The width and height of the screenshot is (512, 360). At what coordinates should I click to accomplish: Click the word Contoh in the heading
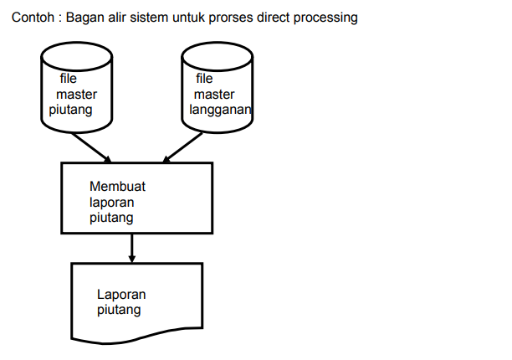pos(30,18)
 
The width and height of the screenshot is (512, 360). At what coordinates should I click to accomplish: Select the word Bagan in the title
pos(85,18)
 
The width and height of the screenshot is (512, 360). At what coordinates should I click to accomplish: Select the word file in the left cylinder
pos(68,79)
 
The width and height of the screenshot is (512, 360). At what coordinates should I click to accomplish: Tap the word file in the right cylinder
pos(204,79)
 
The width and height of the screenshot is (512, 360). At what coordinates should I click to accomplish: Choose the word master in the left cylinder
pos(76,95)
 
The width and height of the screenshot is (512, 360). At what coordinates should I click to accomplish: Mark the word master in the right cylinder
pos(214,95)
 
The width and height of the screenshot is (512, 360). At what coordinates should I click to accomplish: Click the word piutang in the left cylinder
pos(70,111)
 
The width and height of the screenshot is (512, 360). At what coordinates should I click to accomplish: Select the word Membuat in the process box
pos(117,187)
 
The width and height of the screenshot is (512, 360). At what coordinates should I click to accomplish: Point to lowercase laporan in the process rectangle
pos(112,203)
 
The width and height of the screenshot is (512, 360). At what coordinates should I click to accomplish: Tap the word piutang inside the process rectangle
pos(112,218)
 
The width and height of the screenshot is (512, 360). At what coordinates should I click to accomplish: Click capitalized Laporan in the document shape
pos(121,295)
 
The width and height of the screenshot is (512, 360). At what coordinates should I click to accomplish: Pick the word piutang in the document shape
pos(119,310)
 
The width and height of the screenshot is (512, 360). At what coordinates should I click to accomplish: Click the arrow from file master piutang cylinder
pos(94,148)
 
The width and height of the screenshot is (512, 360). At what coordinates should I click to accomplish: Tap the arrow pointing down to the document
pos(132,249)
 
